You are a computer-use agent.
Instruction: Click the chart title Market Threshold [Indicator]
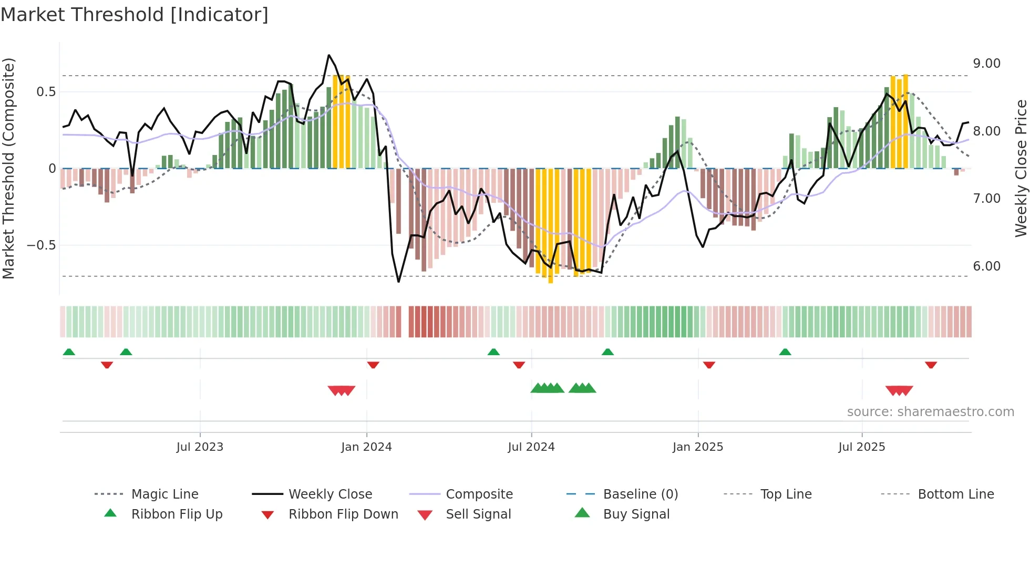coord(135,15)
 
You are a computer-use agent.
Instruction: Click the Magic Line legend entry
coord(164,494)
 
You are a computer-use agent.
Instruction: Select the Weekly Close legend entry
coord(330,494)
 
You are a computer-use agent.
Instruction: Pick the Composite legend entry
coord(479,494)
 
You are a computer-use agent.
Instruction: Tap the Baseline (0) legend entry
coord(640,494)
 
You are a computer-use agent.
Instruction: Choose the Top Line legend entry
coord(786,494)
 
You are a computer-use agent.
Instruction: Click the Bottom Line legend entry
coord(955,494)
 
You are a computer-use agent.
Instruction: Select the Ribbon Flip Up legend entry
coord(177,514)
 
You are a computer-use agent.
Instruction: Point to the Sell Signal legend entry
coord(478,514)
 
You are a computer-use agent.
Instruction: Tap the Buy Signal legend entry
coord(636,514)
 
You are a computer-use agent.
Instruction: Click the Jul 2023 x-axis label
coord(200,447)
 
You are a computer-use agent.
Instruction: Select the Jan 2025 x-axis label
coord(697,447)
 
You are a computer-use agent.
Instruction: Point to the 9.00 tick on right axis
coord(986,64)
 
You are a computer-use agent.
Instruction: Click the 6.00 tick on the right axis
coord(986,266)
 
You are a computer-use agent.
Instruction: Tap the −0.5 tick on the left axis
coord(41,245)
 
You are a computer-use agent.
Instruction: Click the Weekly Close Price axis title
coord(1021,168)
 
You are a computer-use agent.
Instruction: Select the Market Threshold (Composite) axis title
coord(8,168)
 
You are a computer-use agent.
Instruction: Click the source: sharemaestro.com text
coord(930,412)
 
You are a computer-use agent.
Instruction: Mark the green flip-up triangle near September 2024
coord(607,352)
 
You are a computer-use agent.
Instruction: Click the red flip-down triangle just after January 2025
coord(709,365)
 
